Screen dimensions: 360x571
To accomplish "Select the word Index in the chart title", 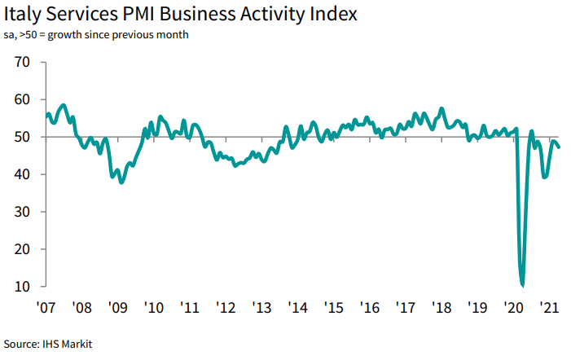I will (x=331, y=15).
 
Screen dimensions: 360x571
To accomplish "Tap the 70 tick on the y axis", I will (x=22, y=62).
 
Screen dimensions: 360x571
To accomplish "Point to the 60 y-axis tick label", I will (x=22, y=99).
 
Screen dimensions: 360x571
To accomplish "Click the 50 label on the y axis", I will (x=22, y=137).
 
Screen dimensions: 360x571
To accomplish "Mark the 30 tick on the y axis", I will (x=22, y=212).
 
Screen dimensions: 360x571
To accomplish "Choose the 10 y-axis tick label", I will (x=22, y=287).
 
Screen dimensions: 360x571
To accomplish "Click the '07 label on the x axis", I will (x=46, y=308).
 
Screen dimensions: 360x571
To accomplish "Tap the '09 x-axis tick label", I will (x=118, y=308).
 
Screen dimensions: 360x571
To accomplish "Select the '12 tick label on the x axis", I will (x=226, y=308).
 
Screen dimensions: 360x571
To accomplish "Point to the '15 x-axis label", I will (x=335, y=308).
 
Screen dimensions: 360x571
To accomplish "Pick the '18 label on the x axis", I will (x=442, y=308).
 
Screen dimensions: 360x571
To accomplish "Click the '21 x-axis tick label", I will (x=551, y=308).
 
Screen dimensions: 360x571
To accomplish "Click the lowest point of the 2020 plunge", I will (x=522, y=286).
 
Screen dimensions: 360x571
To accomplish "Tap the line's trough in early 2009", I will (x=121, y=182).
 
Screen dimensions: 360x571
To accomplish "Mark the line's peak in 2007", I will (x=64, y=105).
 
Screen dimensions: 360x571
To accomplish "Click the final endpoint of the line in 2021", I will (x=559, y=147).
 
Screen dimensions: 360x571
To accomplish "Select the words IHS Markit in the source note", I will (x=67, y=345).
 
